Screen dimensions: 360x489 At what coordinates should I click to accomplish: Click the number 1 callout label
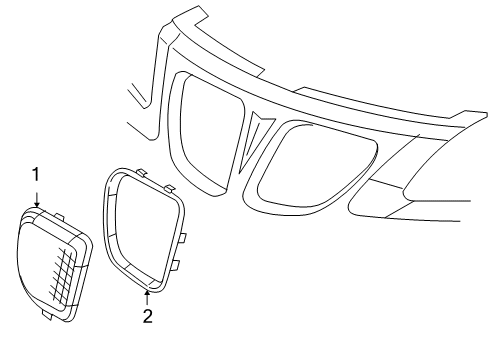pyautogui.click(x=36, y=175)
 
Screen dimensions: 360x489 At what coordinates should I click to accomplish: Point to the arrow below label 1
pyautogui.click(x=36, y=198)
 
